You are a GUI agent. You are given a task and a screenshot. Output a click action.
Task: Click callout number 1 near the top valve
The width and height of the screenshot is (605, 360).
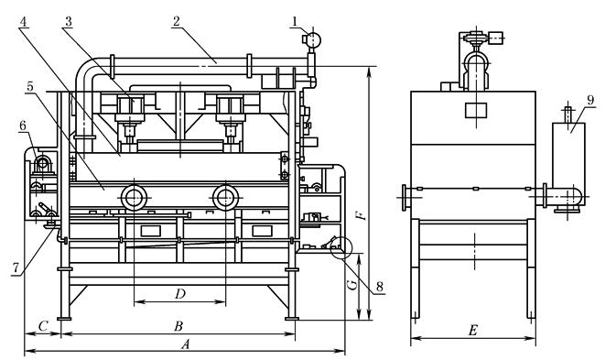click(x=295, y=22)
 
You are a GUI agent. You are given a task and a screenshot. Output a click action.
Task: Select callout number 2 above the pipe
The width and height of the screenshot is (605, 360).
click(x=177, y=21)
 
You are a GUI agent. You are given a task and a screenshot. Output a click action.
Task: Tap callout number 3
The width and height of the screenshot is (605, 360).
click(x=69, y=22)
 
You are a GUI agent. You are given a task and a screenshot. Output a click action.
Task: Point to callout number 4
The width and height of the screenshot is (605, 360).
click(x=24, y=22)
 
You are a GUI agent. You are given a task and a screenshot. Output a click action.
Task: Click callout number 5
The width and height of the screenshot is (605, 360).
click(x=30, y=87)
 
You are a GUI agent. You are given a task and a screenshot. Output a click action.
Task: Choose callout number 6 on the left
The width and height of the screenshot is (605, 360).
click(x=23, y=125)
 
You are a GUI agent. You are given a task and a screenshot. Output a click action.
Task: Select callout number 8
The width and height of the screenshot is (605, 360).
click(x=380, y=287)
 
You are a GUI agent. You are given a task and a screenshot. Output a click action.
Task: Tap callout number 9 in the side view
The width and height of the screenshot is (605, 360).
click(x=590, y=101)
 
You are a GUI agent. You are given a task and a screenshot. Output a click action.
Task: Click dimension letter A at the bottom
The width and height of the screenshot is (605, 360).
click(x=186, y=344)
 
